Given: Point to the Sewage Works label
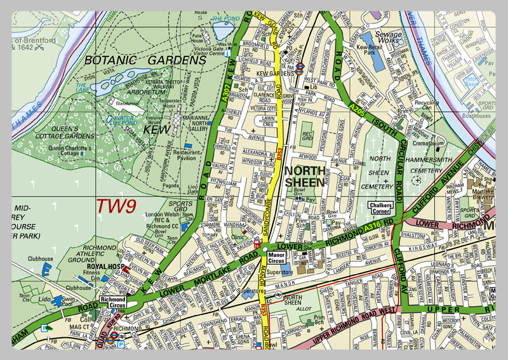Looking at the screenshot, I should pyautogui.click(x=389, y=38).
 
